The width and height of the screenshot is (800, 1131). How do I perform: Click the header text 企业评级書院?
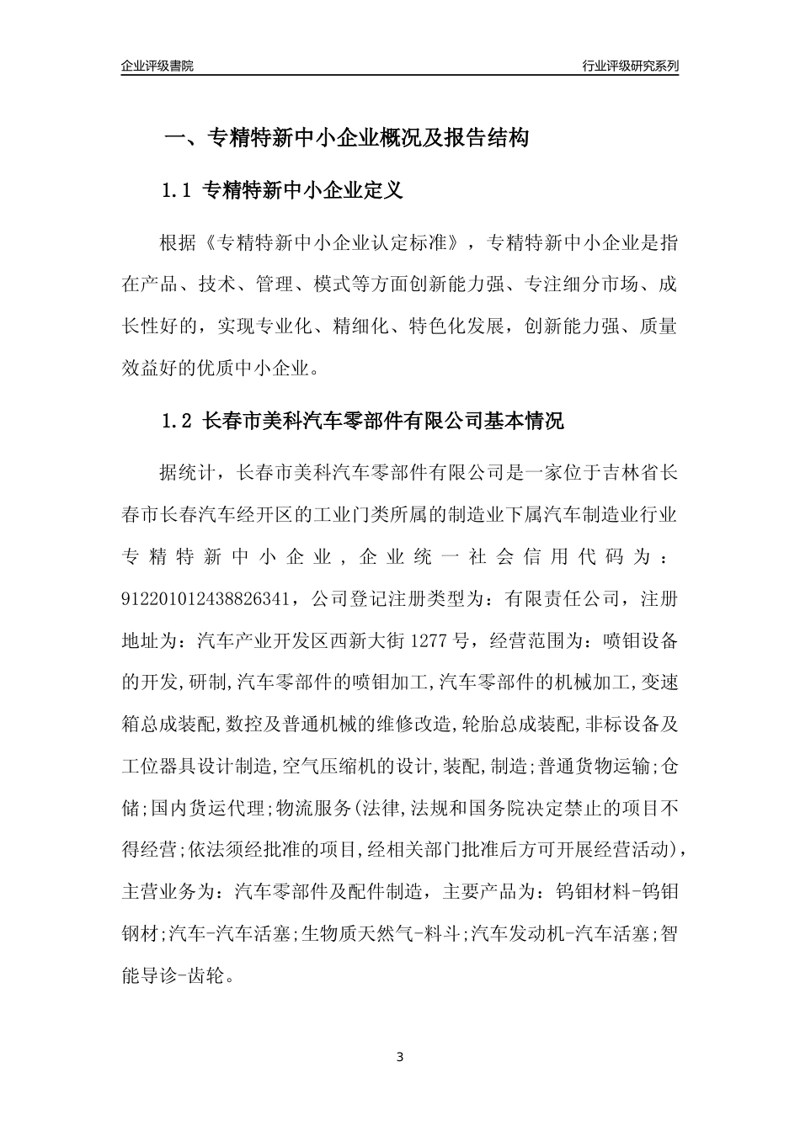coord(157,66)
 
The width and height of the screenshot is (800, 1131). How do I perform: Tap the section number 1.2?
coord(178,421)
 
